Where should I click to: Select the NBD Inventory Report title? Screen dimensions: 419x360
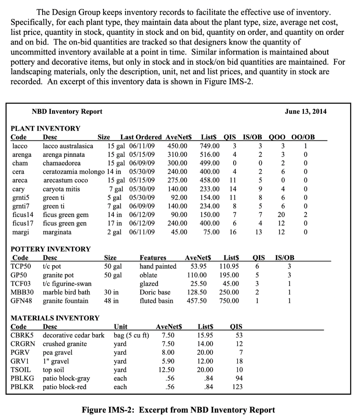[x=67, y=111]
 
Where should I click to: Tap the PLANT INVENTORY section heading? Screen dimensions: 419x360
[x=45, y=128]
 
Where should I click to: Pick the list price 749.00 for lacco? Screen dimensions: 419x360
[x=209, y=146]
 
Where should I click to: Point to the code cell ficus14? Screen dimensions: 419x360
[x=22, y=215]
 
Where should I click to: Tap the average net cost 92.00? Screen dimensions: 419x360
[x=179, y=198]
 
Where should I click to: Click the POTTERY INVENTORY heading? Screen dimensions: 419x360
[x=50, y=249]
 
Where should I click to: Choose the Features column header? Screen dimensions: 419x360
[x=153, y=258]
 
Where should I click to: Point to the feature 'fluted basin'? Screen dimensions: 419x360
[x=156, y=301]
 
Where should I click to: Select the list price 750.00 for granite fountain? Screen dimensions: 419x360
[x=229, y=301]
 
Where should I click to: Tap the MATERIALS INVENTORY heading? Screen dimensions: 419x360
[x=54, y=318]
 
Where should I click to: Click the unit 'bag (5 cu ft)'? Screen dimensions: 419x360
[x=131, y=335]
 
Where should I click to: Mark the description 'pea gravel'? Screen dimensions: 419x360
[x=58, y=352]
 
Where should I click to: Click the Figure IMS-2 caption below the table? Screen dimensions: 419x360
[x=178, y=410]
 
